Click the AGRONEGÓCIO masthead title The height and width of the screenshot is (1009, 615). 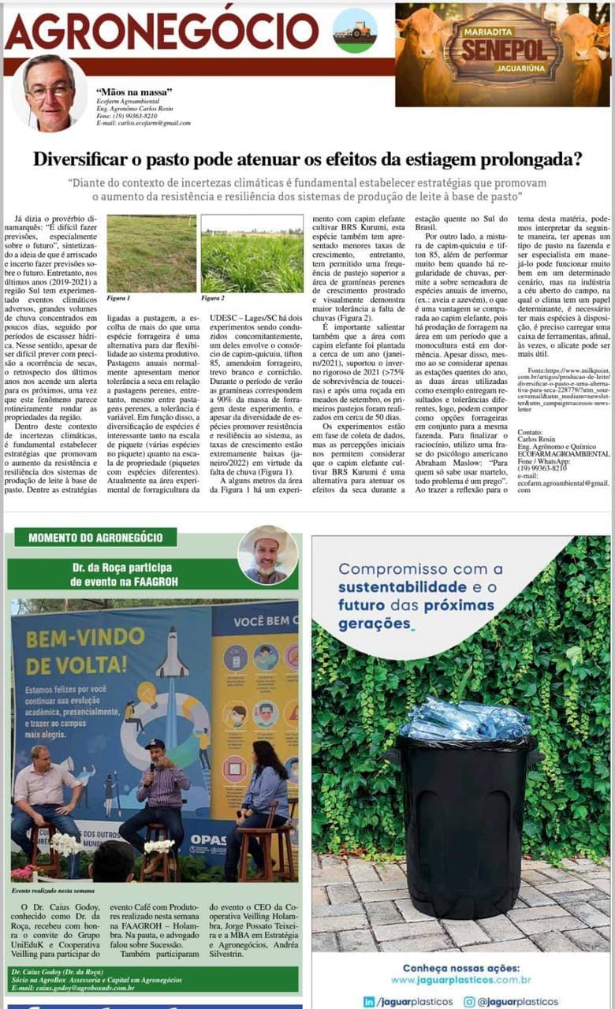click(162, 31)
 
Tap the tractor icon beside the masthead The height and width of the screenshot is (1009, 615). click(354, 31)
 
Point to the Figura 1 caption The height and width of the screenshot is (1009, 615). click(118, 299)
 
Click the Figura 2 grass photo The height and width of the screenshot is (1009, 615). click(252, 254)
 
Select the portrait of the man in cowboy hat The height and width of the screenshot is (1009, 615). click(268, 554)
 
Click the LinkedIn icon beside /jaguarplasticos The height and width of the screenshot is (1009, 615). click(369, 1001)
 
